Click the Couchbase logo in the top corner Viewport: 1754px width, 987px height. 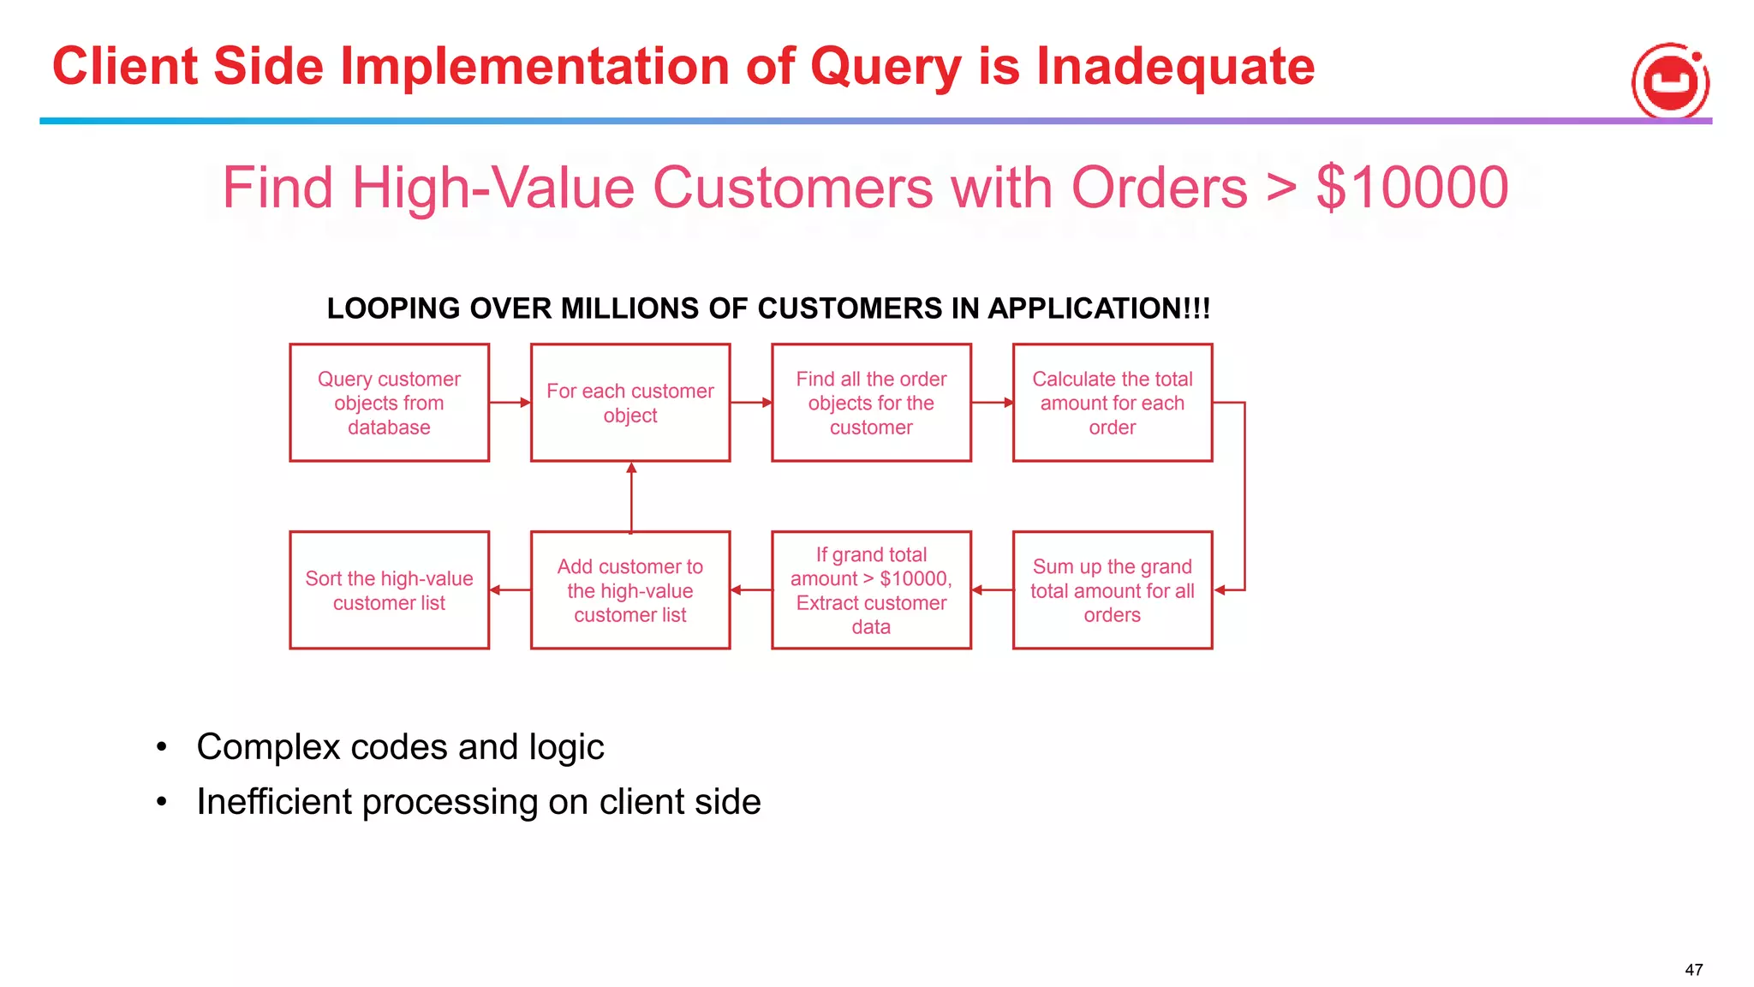pyautogui.click(x=1669, y=82)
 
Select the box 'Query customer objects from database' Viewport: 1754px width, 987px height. pyautogui.click(x=389, y=403)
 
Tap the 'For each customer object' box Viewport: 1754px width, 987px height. pyautogui.click(x=629, y=403)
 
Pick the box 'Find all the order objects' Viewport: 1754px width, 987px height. pyautogui.click(x=871, y=403)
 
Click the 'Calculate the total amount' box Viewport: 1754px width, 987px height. pyautogui.click(x=1112, y=403)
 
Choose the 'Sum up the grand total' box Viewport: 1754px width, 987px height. pyautogui.click(x=1112, y=590)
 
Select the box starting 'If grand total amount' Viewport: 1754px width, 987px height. pyautogui.click(x=871, y=590)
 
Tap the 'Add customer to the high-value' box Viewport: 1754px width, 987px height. pyautogui.click(x=629, y=590)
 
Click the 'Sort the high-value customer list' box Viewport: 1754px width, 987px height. pyautogui.click(x=389, y=590)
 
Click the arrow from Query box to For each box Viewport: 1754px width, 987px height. pyautogui.click(x=510, y=403)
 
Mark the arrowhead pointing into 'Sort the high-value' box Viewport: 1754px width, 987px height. pyautogui.click(x=496, y=589)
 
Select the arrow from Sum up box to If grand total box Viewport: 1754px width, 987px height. pyautogui.click(x=992, y=589)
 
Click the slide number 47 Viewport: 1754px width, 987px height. pyautogui.click(x=1693, y=970)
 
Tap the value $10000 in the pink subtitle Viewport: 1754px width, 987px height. pyautogui.click(x=1411, y=188)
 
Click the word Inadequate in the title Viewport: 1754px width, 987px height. pyautogui.click(x=1175, y=67)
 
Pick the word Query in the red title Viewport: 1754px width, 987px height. pyautogui.click(x=885, y=67)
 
